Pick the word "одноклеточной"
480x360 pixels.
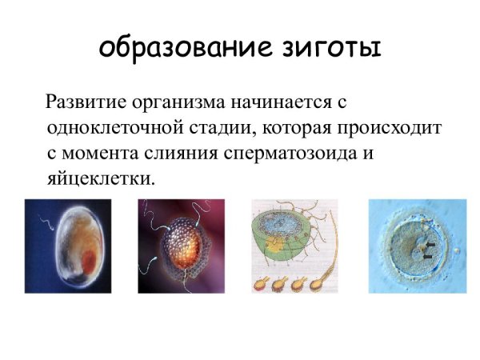(105, 128)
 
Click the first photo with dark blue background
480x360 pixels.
(67, 246)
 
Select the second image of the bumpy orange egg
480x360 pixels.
(181, 246)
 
